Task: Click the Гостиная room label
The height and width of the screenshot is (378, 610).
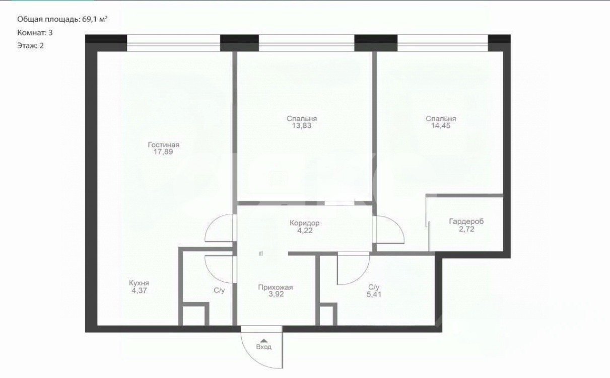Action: (x=163, y=144)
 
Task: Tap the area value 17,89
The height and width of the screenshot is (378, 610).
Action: (x=163, y=152)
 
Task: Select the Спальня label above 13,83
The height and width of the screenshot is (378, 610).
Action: (x=302, y=119)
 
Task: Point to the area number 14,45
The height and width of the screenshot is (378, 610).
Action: (x=441, y=126)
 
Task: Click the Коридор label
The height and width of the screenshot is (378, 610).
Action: (x=304, y=223)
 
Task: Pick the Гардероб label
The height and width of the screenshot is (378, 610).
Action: (x=466, y=221)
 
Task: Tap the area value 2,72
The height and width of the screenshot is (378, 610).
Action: (x=466, y=229)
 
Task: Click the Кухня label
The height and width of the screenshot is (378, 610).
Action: (x=139, y=283)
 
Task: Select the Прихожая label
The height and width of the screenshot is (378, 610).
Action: (x=276, y=287)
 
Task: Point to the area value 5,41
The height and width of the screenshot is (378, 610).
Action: (x=374, y=294)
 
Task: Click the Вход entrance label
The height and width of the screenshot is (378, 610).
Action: (x=263, y=347)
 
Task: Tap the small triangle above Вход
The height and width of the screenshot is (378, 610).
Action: (x=263, y=340)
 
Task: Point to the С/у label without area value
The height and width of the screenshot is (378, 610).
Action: (x=219, y=290)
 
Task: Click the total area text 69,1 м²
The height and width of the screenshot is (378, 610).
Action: (x=95, y=19)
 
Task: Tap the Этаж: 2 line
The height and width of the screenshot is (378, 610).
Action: (x=31, y=45)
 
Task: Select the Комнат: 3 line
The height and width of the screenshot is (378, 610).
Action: (x=35, y=33)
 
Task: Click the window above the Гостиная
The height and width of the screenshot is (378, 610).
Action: (x=173, y=43)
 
